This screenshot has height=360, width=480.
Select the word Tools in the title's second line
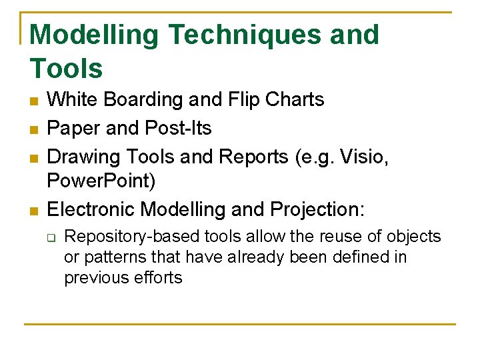[67, 69]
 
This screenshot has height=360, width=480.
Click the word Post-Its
[187, 128]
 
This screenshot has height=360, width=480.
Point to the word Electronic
[91, 209]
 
